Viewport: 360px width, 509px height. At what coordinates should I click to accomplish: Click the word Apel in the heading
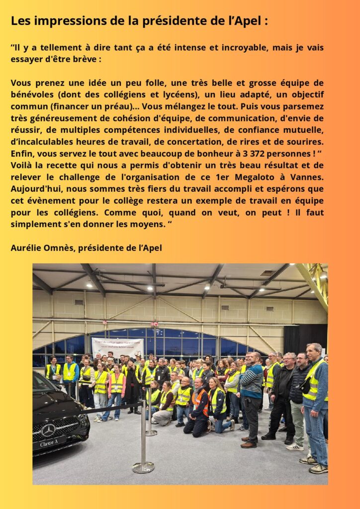(x=249, y=21)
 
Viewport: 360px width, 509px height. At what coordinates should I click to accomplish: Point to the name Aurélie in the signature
(x=27, y=247)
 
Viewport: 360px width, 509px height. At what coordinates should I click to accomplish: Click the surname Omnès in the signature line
(x=61, y=247)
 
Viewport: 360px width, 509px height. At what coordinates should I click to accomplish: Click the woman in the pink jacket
(x=117, y=388)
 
